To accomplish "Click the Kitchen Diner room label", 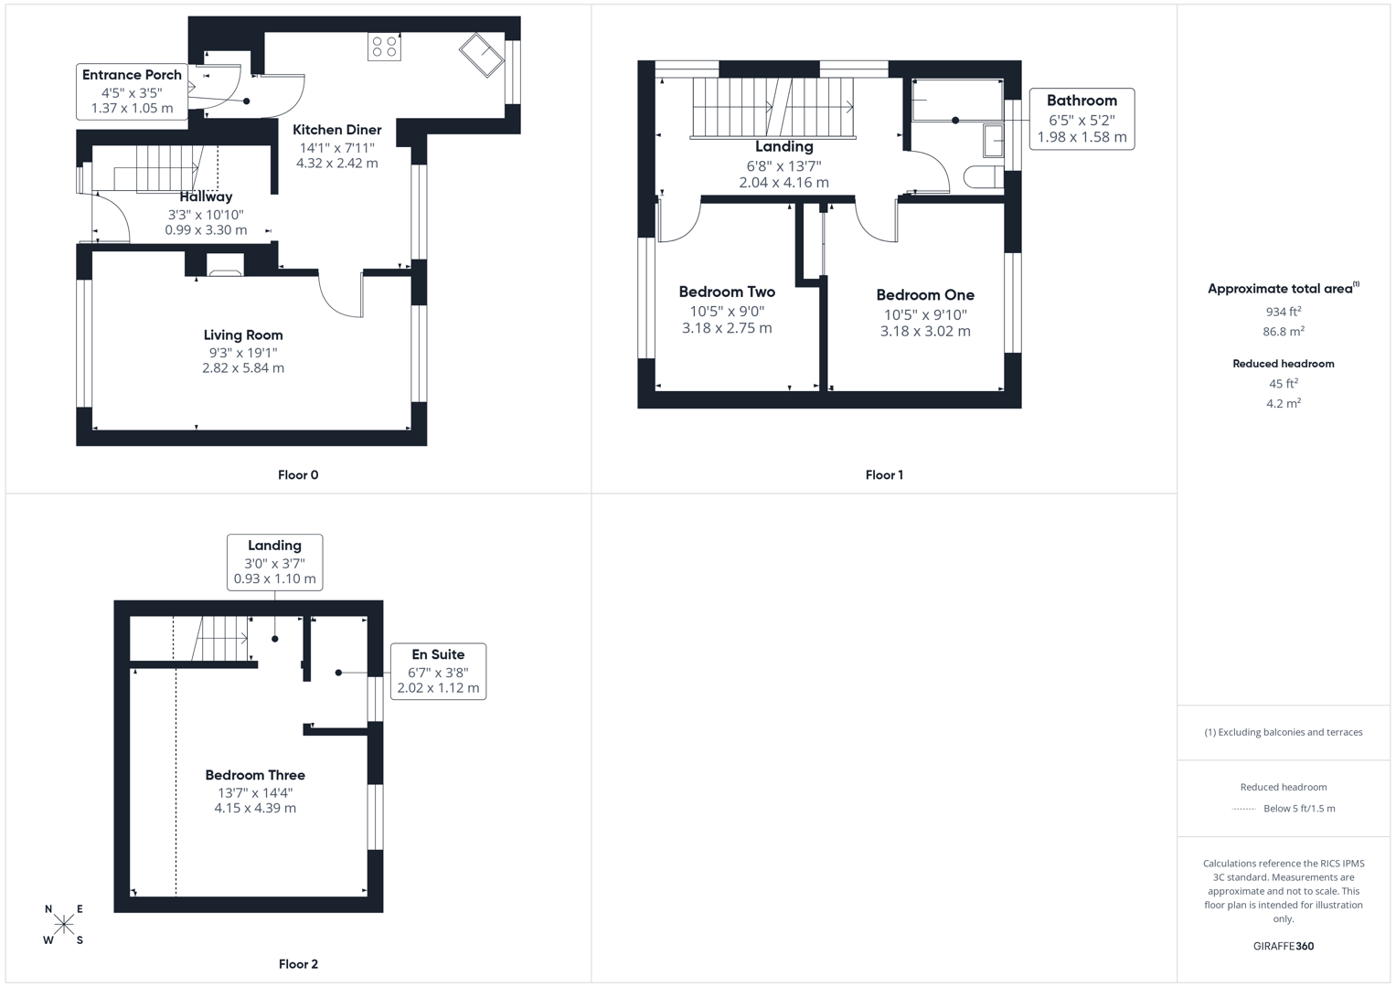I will (x=337, y=130).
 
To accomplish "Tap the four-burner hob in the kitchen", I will (x=384, y=47).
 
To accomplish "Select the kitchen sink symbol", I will (x=482, y=55).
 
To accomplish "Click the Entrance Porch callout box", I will (x=132, y=91).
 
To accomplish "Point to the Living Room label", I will (x=243, y=335).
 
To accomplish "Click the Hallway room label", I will (x=206, y=196).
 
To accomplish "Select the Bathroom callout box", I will (x=1082, y=119).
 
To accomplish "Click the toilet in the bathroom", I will (x=984, y=177).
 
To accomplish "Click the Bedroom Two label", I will (x=727, y=292).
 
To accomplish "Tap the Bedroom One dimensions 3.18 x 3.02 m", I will (x=925, y=331).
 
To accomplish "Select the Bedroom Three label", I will (x=255, y=775).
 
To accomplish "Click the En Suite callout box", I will (x=438, y=672).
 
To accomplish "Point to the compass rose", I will (x=64, y=924).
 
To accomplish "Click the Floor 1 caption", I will (x=884, y=475).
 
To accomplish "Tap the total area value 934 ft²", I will (x=1283, y=312).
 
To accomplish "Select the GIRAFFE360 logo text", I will (x=1283, y=946).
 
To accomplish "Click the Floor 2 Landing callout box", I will (x=274, y=562).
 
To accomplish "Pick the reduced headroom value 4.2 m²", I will (x=1283, y=403).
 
